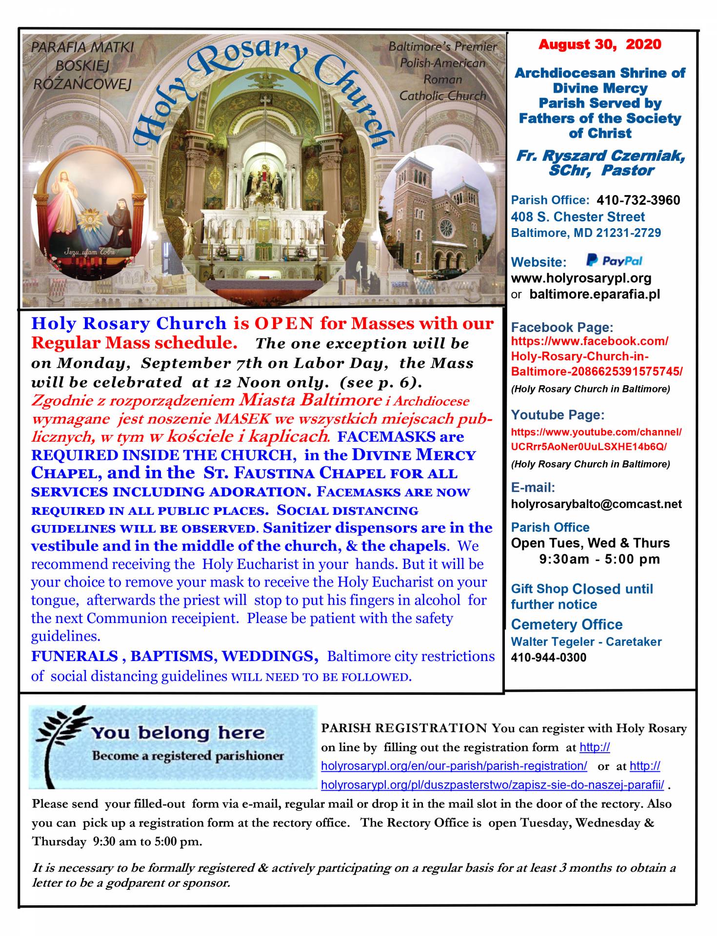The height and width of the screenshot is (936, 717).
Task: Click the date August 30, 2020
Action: tap(599, 45)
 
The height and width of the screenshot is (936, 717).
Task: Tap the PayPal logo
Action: tap(614, 261)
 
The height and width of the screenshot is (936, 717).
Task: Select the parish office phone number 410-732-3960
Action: tap(638, 200)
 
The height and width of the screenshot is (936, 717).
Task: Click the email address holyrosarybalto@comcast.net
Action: tap(596, 504)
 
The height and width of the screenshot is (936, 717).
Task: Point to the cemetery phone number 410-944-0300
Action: tap(548, 658)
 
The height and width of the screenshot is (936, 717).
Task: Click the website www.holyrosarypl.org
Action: tap(581, 278)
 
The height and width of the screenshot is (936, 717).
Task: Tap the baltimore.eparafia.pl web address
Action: tap(594, 294)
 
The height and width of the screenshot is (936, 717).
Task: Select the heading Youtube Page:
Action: tap(558, 415)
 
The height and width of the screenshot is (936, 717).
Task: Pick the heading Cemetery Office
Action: tap(566, 624)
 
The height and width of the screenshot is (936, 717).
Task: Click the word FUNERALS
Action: tap(74, 656)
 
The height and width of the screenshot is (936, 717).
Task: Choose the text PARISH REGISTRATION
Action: tap(404, 728)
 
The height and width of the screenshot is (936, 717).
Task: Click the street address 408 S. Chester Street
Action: tap(578, 217)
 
